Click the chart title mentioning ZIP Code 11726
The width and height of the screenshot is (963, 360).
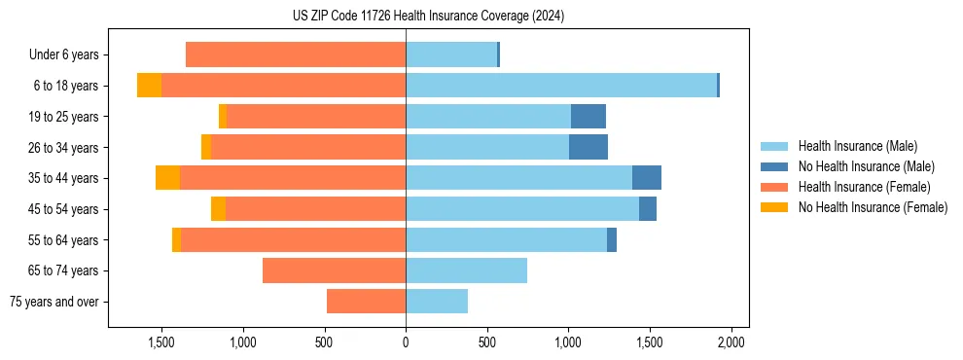428,16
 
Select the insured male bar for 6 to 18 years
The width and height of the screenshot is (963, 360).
561,86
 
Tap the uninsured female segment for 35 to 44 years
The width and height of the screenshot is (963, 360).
167,178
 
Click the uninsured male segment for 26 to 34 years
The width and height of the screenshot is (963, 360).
588,147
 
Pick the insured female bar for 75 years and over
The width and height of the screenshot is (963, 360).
366,302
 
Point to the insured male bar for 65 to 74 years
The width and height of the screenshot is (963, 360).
466,270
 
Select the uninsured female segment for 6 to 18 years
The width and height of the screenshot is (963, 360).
149,86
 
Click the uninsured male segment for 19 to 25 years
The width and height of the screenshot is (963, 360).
588,117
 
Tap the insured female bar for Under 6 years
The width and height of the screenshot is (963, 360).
296,54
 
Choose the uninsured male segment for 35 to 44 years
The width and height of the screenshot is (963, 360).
647,178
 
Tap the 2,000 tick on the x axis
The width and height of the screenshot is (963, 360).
731,342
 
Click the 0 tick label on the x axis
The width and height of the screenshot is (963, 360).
406,342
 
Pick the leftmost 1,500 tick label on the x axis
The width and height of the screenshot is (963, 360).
160,342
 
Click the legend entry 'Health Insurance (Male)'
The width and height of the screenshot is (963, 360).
857,146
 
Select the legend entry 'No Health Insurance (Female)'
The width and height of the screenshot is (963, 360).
873,207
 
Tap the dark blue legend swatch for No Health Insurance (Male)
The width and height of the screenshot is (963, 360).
774,166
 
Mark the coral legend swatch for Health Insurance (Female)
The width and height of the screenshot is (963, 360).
774,187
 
